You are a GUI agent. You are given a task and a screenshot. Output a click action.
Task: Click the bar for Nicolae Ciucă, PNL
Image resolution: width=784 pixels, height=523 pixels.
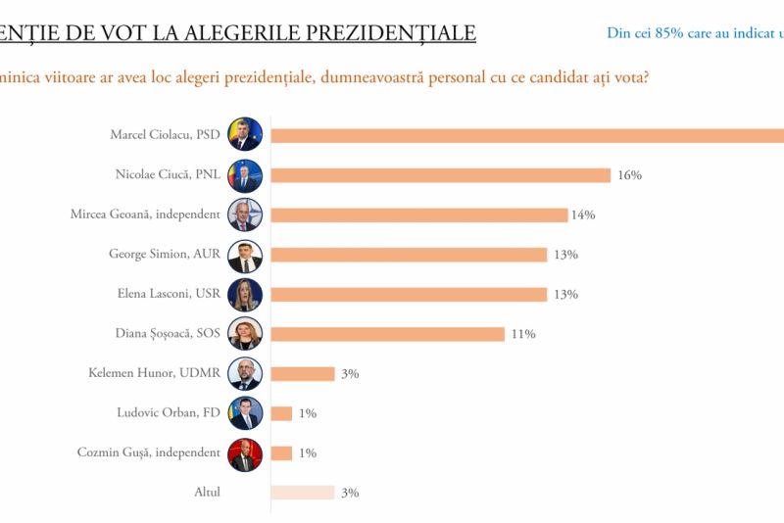click(440, 175)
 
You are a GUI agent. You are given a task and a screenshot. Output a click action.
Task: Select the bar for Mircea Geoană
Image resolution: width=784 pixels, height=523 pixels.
click(418, 214)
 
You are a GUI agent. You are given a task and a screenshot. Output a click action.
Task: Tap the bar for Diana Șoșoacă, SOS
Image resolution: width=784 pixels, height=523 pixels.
click(387, 334)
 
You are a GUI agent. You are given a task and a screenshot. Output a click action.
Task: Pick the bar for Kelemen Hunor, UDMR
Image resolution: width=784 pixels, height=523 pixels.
click(302, 373)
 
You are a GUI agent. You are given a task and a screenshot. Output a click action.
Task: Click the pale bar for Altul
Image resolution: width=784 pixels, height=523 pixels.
click(302, 493)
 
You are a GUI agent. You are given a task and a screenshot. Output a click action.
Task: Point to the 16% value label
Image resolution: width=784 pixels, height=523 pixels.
click(629, 175)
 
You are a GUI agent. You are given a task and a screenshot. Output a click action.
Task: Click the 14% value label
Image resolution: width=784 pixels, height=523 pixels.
click(583, 214)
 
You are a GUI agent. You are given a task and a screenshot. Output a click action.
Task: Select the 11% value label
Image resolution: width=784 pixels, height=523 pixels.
click(522, 334)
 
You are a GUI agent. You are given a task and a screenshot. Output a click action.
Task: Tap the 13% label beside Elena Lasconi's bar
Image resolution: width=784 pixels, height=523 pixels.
click(565, 294)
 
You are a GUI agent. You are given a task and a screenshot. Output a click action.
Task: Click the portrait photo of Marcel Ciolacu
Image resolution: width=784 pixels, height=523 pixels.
click(245, 134)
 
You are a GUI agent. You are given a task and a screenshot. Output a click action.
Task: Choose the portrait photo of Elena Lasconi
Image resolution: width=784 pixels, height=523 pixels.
click(245, 294)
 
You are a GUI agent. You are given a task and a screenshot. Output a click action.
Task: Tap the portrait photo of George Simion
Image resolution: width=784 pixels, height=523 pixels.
click(245, 255)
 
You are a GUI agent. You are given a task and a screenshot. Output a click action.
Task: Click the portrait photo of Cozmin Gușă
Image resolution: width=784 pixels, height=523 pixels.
click(245, 453)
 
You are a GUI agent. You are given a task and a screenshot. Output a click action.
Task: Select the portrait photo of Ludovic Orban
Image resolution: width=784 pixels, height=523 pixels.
click(245, 413)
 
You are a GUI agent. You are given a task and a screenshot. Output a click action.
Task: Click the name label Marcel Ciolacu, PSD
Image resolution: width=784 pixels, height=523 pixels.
click(166, 135)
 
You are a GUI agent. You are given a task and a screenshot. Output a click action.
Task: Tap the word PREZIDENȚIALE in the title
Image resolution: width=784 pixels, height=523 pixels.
click(392, 33)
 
